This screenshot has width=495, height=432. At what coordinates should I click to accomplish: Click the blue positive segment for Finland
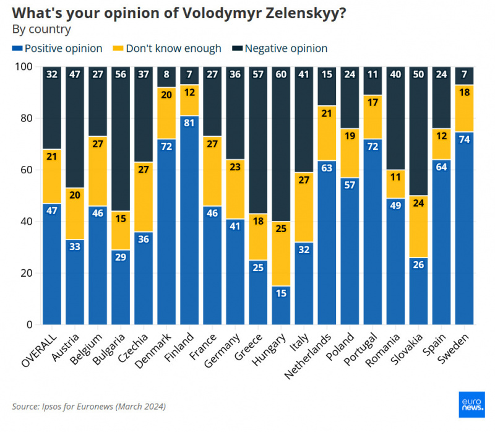(x=189, y=220)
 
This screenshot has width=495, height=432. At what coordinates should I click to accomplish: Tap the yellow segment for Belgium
(x=98, y=171)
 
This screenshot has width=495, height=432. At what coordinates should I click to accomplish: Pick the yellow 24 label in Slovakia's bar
(x=418, y=201)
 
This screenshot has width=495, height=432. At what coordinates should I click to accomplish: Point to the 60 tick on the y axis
(x=28, y=170)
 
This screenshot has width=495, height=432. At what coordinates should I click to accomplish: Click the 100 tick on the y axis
(x=25, y=66)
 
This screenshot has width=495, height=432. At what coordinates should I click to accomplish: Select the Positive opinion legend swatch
(x=17, y=48)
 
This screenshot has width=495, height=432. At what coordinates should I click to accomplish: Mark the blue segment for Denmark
(x=166, y=231)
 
